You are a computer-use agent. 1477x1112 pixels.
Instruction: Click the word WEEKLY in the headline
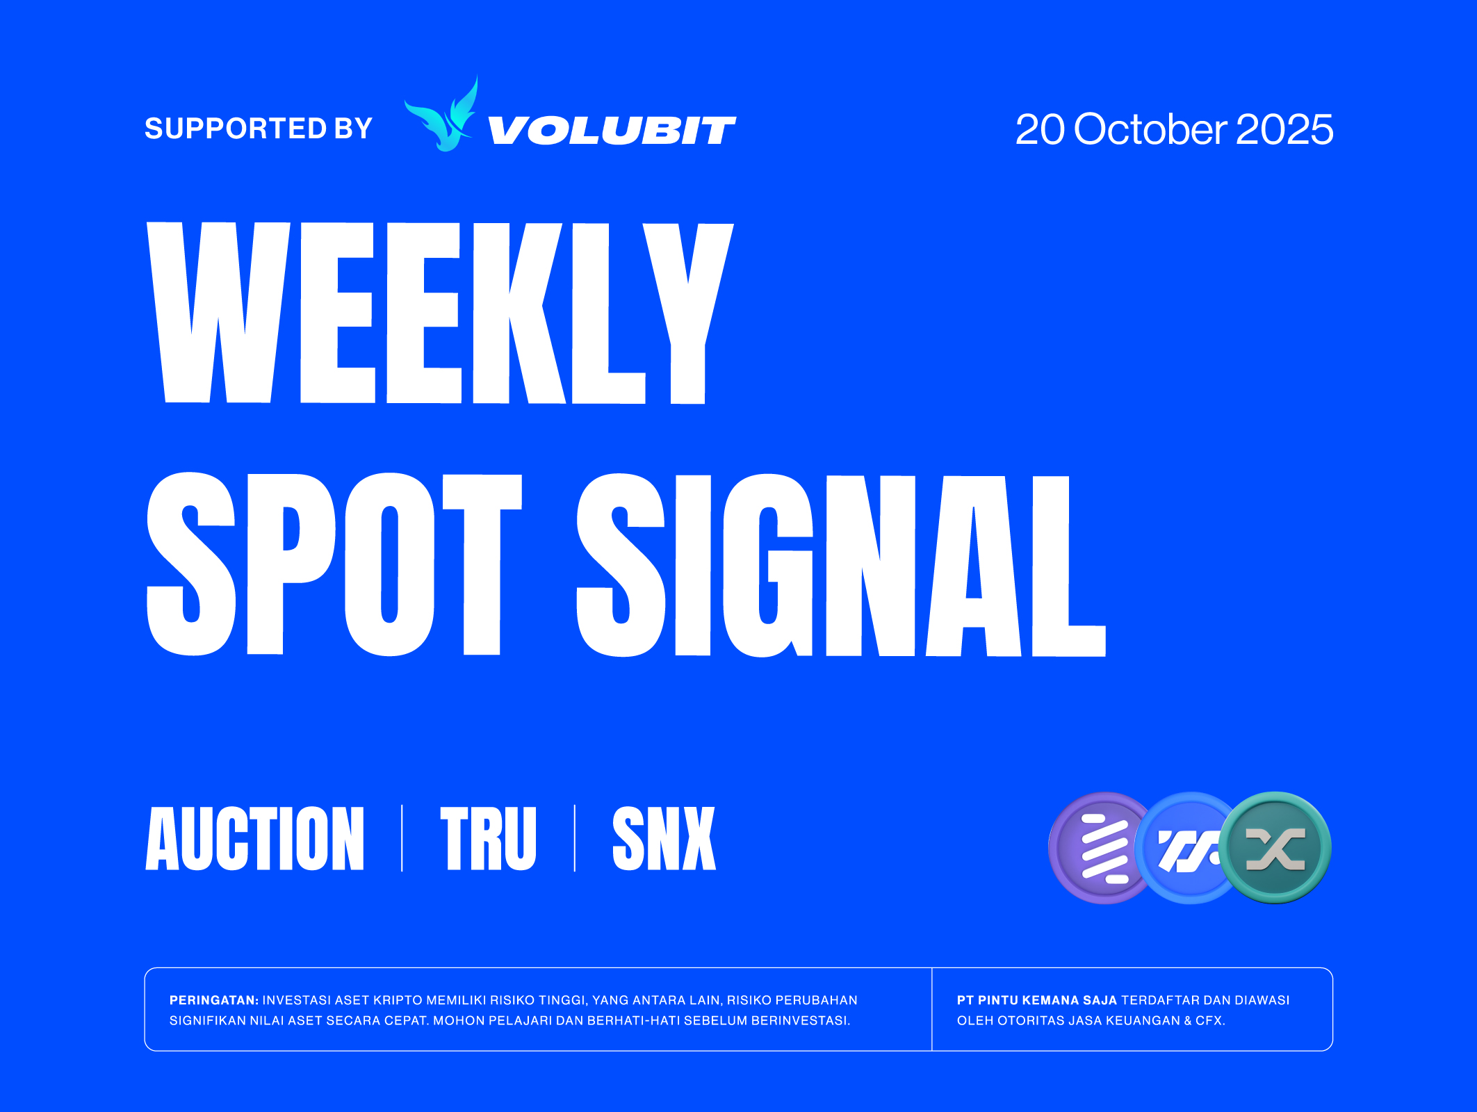pyautogui.click(x=440, y=313)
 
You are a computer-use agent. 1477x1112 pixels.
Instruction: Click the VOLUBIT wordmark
pyautogui.click(x=612, y=131)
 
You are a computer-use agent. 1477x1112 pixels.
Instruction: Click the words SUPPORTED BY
pyautogui.click(x=259, y=129)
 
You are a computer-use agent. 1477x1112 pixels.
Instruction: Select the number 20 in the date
pyautogui.click(x=1040, y=129)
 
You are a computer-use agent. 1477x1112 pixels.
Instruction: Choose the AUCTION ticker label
pyautogui.click(x=255, y=839)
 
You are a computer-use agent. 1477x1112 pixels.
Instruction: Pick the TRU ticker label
pyautogui.click(x=488, y=839)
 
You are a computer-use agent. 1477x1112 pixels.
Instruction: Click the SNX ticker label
pyautogui.click(x=664, y=839)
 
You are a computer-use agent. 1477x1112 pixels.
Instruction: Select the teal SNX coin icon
pyautogui.click(x=1276, y=848)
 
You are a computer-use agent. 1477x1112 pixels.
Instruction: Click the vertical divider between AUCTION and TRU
pyautogui.click(x=402, y=838)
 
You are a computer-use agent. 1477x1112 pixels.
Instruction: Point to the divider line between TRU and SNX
pyautogui.click(x=575, y=838)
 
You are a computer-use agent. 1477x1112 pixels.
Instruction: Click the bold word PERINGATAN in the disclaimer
pyautogui.click(x=213, y=1000)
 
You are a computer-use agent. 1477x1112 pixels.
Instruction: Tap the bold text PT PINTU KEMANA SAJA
pyautogui.click(x=1036, y=1000)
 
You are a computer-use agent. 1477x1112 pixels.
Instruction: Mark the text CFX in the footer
pyautogui.click(x=1209, y=1020)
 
